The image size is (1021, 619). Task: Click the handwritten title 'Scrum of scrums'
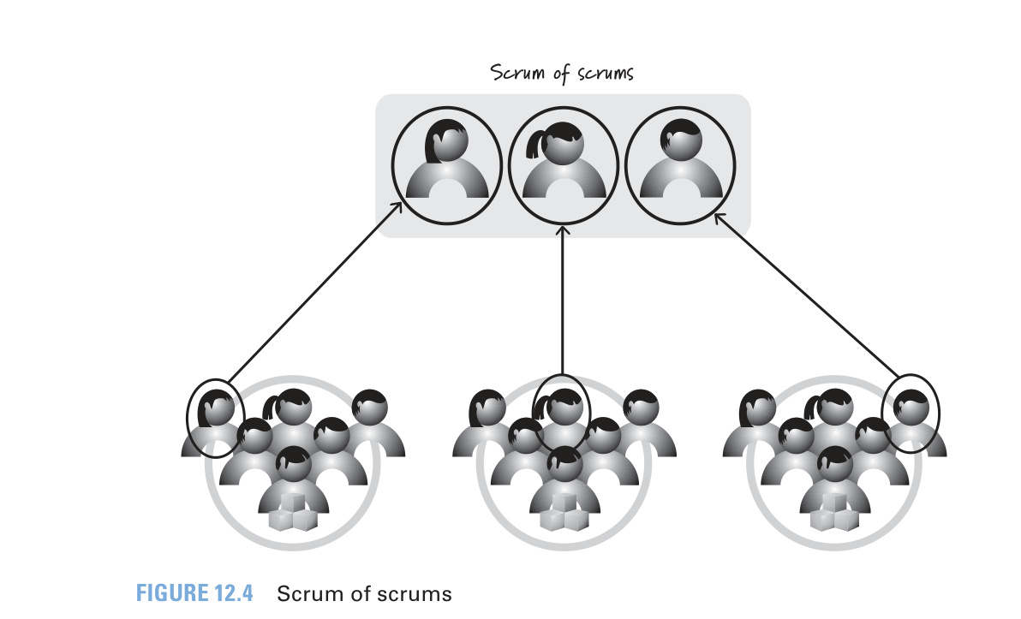[562, 73]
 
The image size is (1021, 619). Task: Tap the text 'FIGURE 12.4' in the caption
[194, 593]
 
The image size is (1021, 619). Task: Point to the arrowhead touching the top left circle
[396, 208]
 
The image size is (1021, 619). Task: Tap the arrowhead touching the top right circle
[720, 218]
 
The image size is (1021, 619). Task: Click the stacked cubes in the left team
[293, 512]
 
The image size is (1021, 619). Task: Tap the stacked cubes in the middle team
[564, 512]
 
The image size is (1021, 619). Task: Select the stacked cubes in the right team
[834, 512]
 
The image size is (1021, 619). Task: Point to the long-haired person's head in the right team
[757, 408]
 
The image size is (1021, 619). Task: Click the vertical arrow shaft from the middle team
[563, 301]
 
